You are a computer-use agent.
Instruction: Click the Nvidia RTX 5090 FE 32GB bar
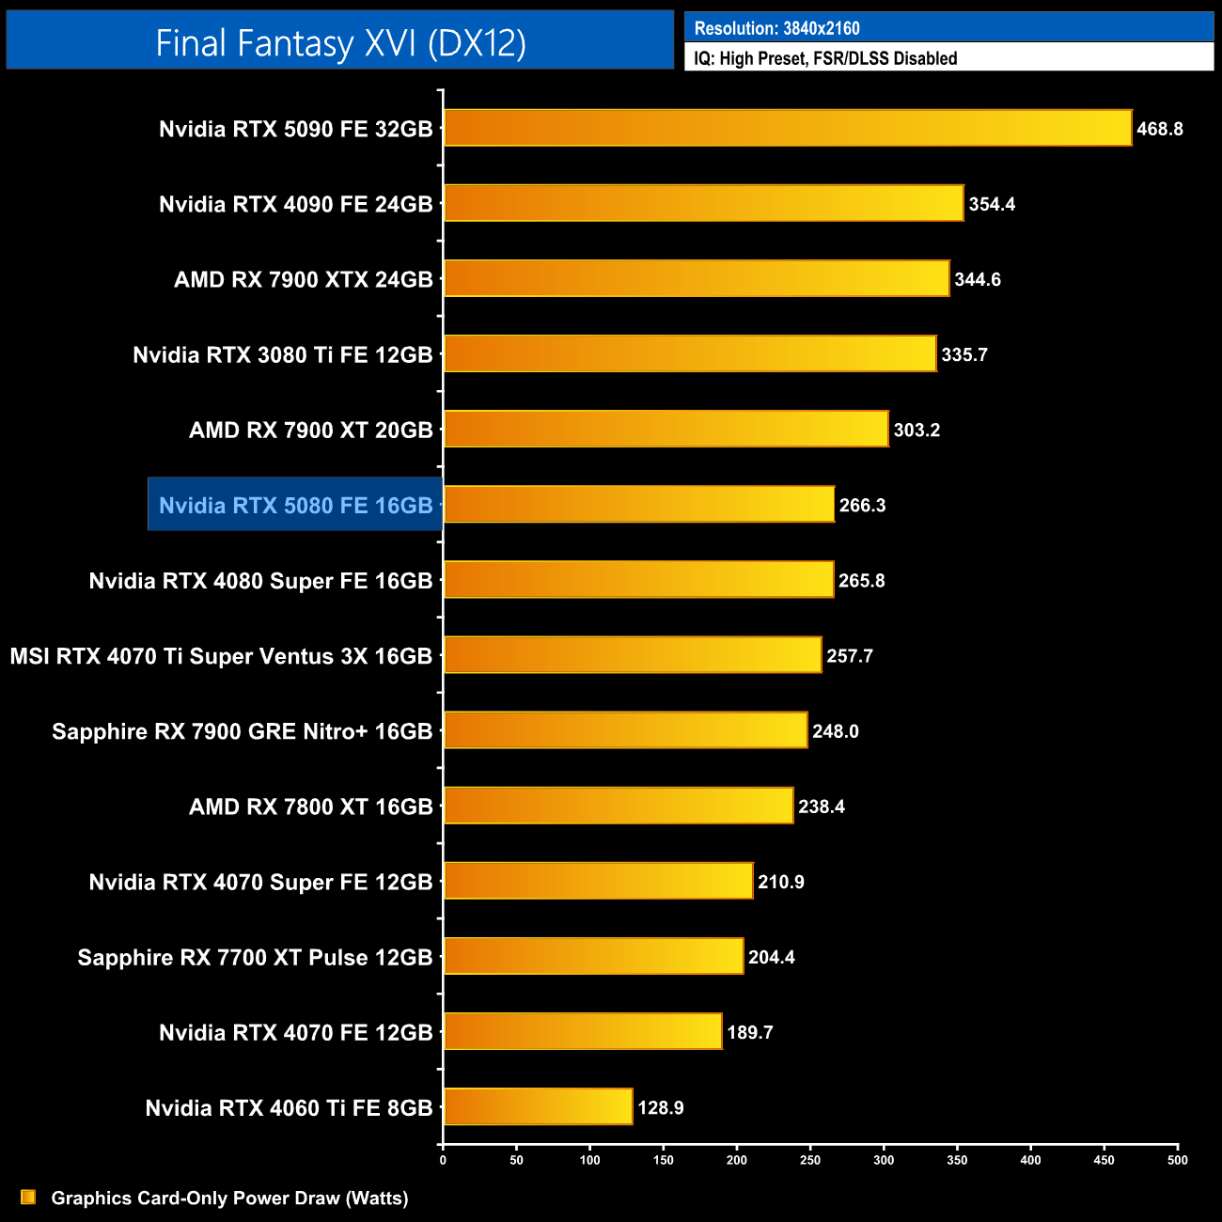788,128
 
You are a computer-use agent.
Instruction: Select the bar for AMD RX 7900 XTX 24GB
697,278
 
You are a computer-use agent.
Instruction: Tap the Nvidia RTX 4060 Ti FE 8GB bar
538,1106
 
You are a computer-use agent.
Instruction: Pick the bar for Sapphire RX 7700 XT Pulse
593,956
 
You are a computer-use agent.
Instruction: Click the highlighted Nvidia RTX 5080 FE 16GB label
295,506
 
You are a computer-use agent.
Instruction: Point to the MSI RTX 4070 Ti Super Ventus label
221,656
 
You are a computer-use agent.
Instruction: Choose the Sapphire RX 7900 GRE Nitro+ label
243,731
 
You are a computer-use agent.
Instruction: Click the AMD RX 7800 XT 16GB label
311,807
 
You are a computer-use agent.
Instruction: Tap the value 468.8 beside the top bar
1159,129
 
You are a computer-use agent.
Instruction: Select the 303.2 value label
916,430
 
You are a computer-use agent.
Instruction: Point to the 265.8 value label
862,581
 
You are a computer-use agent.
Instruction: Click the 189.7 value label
750,1032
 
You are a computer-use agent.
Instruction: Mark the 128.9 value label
661,1107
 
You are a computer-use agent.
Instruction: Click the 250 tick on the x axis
810,1160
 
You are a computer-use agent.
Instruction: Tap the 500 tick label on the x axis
1177,1160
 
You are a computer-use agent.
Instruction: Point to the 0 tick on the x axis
443,1160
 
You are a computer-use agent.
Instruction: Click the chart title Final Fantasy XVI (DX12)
340,43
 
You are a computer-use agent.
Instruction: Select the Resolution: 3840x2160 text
776,28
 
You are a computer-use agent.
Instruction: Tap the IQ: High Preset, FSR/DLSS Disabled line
825,58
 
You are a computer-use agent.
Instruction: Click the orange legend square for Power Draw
28,1197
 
